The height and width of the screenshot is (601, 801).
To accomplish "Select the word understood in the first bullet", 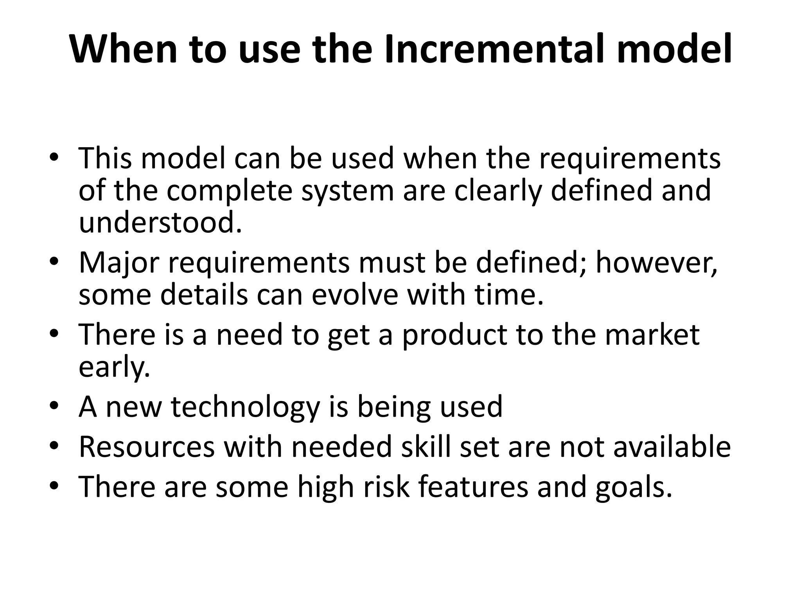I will click(x=160, y=222).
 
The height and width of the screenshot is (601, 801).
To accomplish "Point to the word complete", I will click(x=230, y=191).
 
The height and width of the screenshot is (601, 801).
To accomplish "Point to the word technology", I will click(x=246, y=407).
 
